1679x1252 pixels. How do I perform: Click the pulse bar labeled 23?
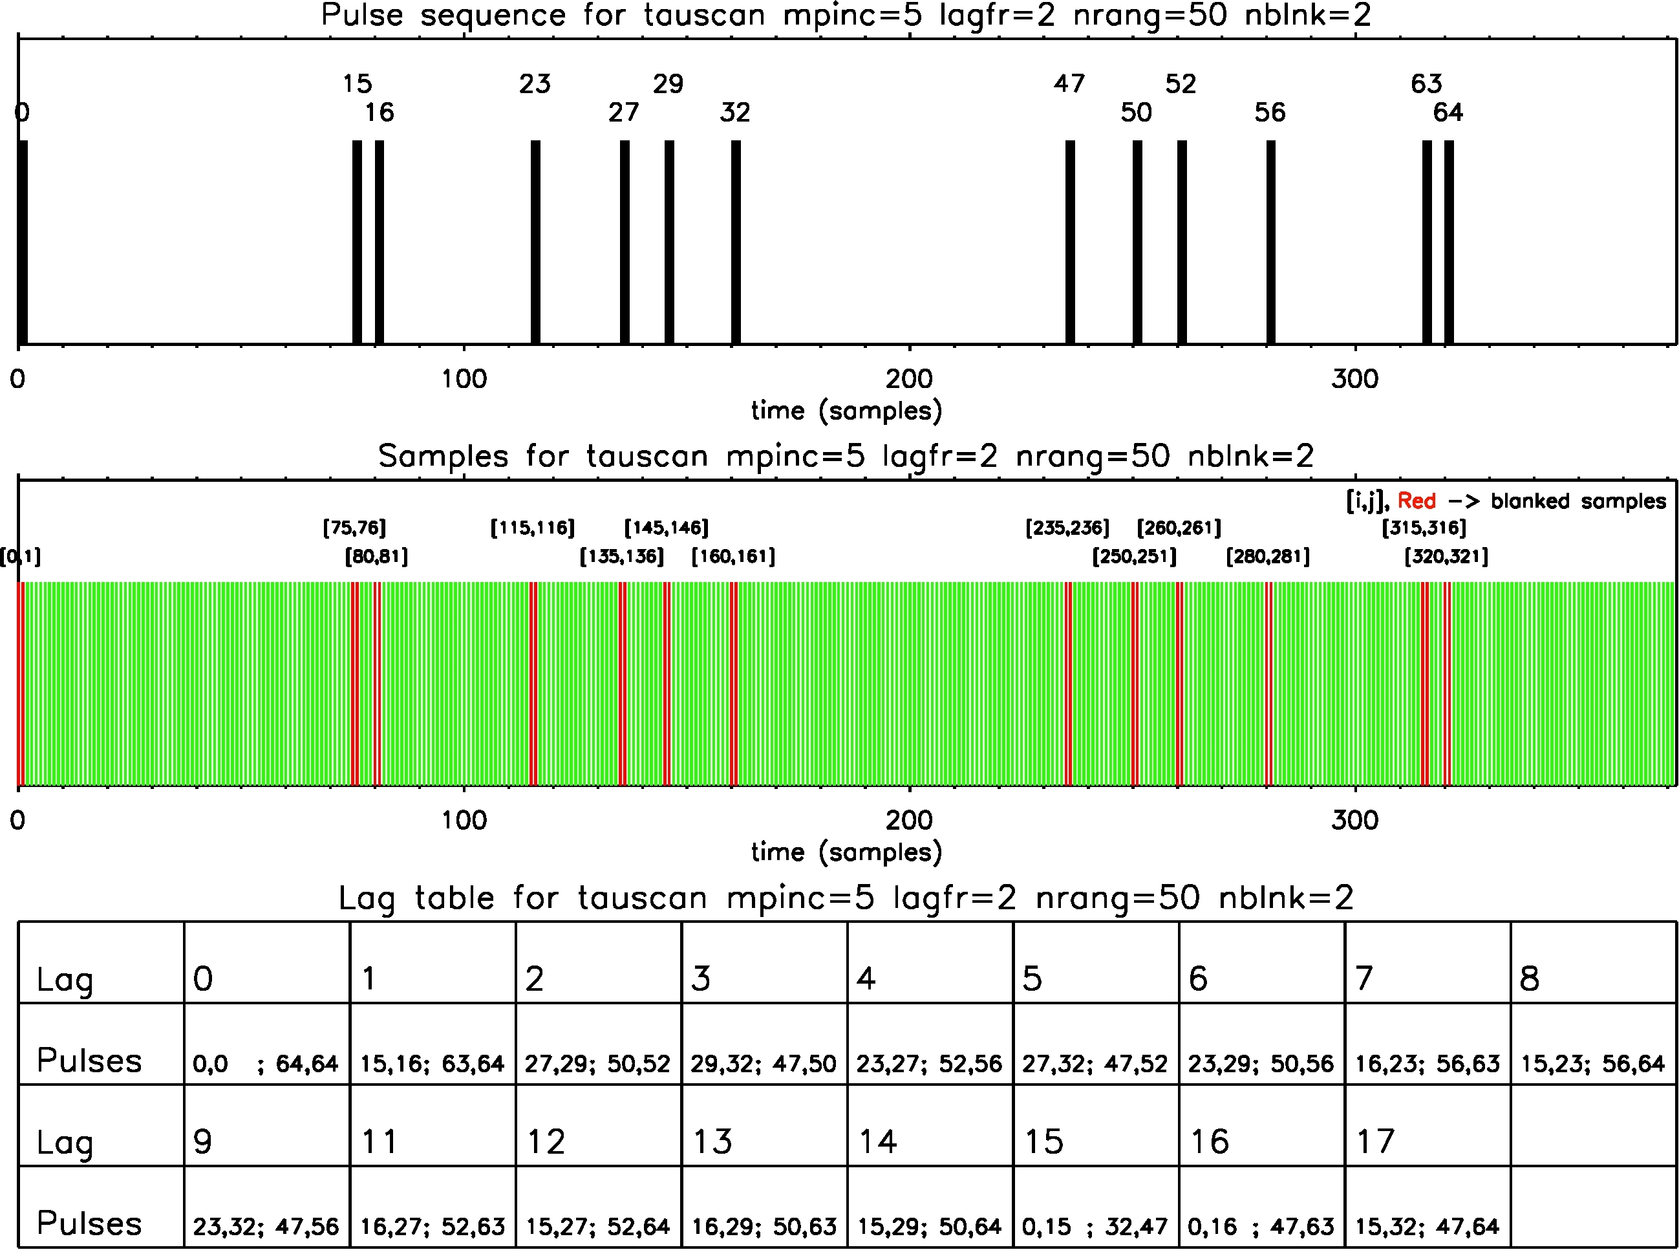536,243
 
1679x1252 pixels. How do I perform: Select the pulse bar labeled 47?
1070,243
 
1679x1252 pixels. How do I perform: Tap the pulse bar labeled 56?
1270,243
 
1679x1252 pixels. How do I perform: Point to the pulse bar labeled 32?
736,243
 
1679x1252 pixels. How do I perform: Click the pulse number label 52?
1181,83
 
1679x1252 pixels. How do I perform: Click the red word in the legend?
1416,501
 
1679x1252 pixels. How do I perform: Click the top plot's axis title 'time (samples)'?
846,411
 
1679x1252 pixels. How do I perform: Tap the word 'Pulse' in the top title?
362,15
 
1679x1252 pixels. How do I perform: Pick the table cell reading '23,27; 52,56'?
929,1064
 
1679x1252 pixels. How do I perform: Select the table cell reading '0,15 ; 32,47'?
1094,1227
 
